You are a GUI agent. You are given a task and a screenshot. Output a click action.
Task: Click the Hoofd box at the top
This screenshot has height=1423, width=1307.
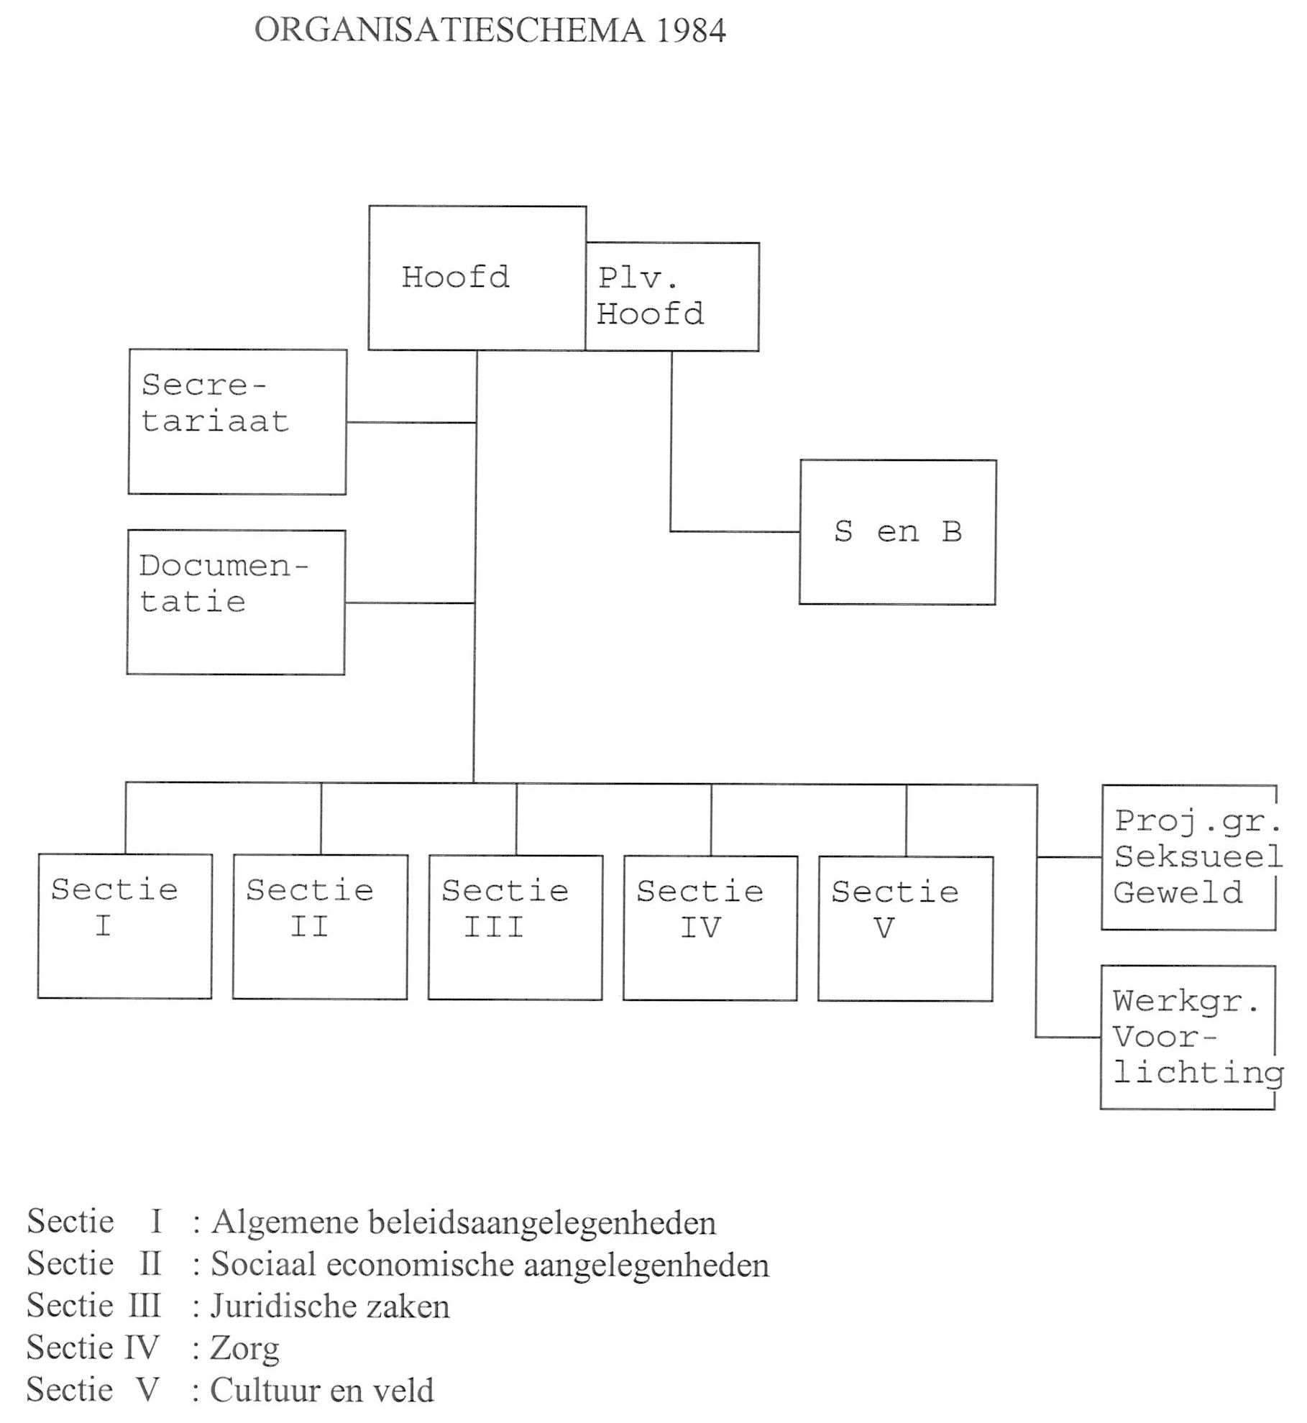pyautogui.click(x=477, y=278)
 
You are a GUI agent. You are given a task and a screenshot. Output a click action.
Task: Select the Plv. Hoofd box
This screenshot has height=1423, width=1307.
pyautogui.click(x=671, y=296)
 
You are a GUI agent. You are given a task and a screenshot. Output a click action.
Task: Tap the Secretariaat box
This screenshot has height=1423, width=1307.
pyautogui.click(x=237, y=421)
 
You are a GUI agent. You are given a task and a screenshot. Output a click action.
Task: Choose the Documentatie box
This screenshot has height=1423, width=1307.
pyautogui.click(x=236, y=602)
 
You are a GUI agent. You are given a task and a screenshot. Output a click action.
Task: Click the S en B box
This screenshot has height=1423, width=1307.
pyautogui.click(x=897, y=532)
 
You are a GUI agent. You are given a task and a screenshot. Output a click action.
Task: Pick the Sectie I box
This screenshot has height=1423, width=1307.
pyautogui.click(x=124, y=926)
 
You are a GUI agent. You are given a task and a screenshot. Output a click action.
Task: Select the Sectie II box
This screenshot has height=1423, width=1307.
pyautogui.click(x=320, y=927)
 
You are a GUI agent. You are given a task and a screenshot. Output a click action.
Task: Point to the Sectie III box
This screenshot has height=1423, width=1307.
pyautogui.click(x=515, y=928)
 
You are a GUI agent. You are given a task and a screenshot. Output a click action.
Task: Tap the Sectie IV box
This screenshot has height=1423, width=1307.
pyautogui.click(x=710, y=928)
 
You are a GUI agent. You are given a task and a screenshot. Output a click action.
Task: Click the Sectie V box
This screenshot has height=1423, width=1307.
pyautogui.click(x=905, y=928)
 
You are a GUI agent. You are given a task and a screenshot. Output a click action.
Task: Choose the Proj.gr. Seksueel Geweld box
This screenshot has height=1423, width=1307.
pyautogui.click(x=1189, y=857)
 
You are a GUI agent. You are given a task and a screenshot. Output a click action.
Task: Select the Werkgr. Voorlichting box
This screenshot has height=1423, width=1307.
pyautogui.click(x=1188, y=1037)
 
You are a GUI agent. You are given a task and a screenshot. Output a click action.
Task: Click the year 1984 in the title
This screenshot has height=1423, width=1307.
pyautogui.click(x=691, y=31)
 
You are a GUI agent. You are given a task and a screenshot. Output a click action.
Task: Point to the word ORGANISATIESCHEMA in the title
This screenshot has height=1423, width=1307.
pyautogui.click(x=449, y=31)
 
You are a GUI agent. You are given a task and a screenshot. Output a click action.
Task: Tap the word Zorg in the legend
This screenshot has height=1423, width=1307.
pyautogui.click(x=244, y=1349)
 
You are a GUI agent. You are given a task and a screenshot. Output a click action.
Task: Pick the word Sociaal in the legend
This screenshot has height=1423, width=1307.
pyautogui.click(x=263, y=1265)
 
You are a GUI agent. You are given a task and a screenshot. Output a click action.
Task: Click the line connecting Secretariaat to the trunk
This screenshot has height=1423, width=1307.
pyautogui.click(x=411, y=423)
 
